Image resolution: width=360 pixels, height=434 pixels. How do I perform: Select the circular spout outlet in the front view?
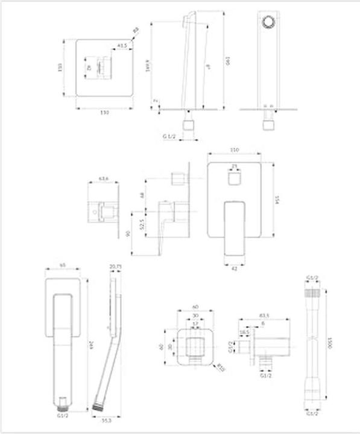pyautogui.click(x=269, y=24)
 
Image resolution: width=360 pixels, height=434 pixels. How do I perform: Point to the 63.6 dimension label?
pyautogui.click(x=103, y=178)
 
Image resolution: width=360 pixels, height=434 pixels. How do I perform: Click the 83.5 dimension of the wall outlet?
pyautogui.click(x=264, y=316)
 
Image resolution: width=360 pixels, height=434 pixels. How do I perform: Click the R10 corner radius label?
pyautogui.click(x=222, y=365)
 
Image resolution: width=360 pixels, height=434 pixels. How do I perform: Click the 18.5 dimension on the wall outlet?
pyautogui.click(x=245, y=332)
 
